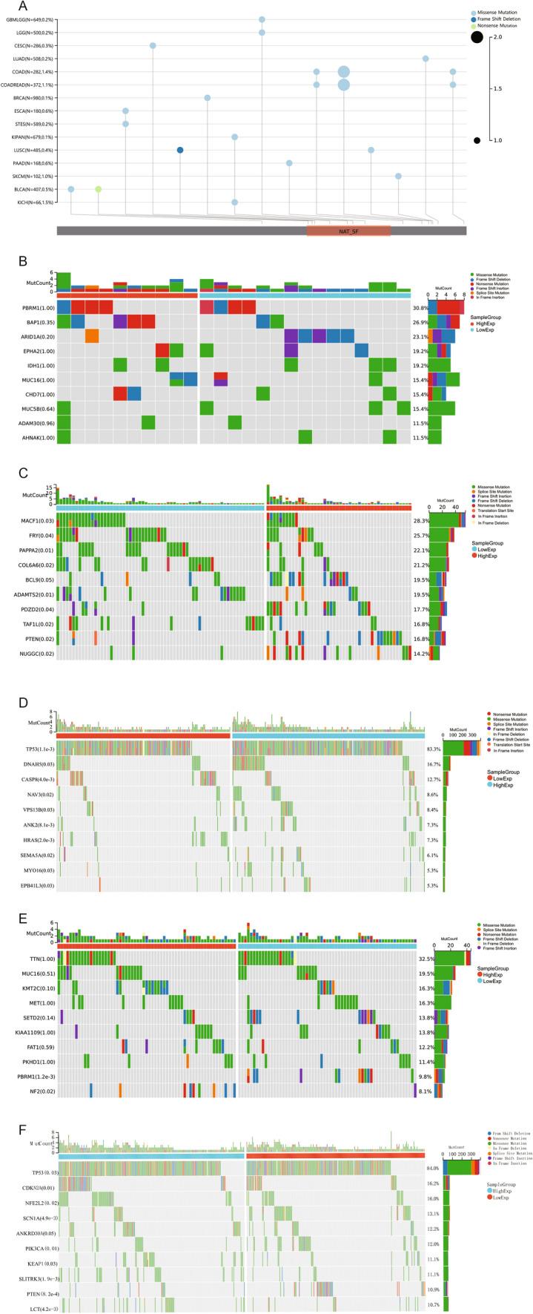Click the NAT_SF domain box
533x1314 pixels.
[x=348, y=231]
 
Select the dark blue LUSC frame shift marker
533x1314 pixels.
[x=180, y=150]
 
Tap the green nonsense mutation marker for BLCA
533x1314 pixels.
[x=98, y=189]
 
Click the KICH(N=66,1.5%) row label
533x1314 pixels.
[x=30, y=202]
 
